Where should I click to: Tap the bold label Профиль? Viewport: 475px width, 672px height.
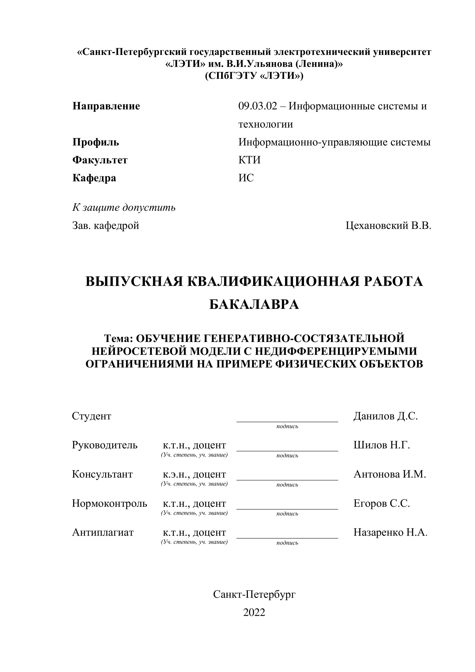96,142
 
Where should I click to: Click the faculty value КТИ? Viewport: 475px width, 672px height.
249,160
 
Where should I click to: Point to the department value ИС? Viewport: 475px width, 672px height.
246,178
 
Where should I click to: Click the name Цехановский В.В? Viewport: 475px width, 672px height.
388,225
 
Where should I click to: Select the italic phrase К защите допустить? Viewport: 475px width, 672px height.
124,208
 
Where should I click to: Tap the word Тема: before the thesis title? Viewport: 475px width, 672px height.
119,338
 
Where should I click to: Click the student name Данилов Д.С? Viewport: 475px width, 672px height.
385,416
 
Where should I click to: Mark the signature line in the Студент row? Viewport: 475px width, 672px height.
287,421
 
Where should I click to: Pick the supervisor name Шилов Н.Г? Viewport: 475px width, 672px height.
382,445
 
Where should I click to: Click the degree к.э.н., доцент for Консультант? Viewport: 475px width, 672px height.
194,474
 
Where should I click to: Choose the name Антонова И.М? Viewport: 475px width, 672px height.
390,474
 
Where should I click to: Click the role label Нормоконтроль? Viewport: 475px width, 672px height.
109,503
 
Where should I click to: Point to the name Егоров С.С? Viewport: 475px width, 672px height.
382,503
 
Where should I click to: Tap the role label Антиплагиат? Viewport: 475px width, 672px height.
103,532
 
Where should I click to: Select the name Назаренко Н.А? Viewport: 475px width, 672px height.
390,532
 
